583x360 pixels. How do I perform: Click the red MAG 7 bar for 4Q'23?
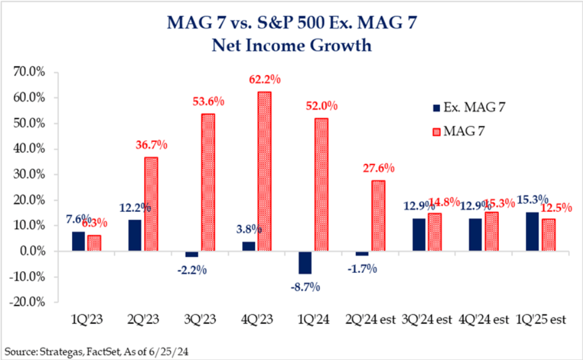click(264, 172)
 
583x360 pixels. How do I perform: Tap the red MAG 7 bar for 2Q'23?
click(151, 204)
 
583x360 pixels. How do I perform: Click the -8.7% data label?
click(307, 286)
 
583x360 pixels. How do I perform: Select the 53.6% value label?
click(208, 102)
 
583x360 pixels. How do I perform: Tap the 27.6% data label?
click(378, 168)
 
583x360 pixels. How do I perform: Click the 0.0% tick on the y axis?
click(33, 252)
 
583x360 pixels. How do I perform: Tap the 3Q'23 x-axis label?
click(201, 320)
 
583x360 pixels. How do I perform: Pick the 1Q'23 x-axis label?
click(88, 320)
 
